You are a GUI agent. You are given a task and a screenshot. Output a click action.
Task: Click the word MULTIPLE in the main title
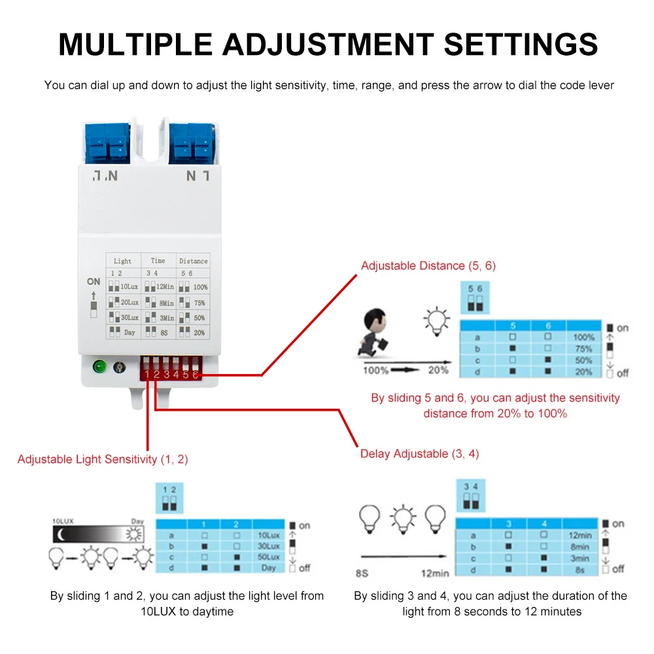coord(133,44)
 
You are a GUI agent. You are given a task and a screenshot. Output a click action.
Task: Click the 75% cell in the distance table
coord(583,349)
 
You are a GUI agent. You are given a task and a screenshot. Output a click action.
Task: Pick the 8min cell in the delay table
coord(579,547)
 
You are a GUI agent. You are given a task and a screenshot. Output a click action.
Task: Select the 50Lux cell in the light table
coord(268,557)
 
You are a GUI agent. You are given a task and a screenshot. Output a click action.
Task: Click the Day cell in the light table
coord(268,568)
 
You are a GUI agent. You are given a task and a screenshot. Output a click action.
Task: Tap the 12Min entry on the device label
coord(164,286)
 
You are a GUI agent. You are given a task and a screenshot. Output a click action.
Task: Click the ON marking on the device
coord(94,281)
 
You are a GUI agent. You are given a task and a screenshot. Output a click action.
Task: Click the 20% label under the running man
coord(438,370)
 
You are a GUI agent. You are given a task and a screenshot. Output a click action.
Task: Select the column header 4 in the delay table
coord(544,523)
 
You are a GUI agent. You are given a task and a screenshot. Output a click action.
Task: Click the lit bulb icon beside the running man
coord(437,318)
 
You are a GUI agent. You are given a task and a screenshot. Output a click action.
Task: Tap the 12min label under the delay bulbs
coord(435,574)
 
